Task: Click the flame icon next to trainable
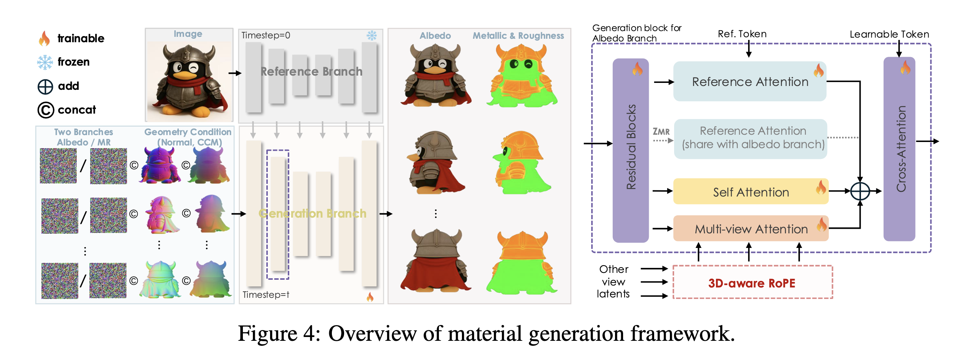(45, 38)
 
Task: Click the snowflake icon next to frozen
(45, 62)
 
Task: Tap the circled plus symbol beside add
(45, 87)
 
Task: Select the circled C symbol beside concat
(46, 110)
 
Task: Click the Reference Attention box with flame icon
(749, 82)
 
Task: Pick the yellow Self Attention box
(750, 192)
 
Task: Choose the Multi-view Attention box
(750, 229)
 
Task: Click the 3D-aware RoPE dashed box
(752, 282)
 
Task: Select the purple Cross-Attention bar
(899, 149)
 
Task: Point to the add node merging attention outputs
(860, 191)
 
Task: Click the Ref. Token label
(742, 34)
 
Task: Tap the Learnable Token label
(889, 35)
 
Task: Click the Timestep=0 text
(266, 36)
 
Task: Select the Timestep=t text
(266, 295)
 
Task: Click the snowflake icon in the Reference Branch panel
(371, 36)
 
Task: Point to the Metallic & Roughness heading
(518, 36)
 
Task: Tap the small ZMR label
(661, 132)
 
